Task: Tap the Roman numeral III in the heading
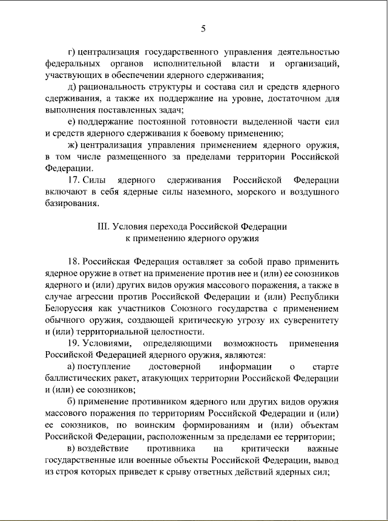(x=103, y=227)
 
